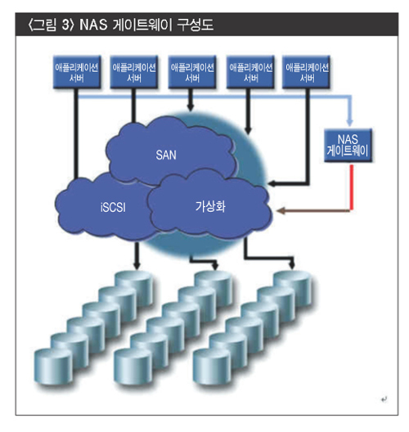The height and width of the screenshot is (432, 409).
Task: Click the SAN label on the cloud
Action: [x=166, y=155]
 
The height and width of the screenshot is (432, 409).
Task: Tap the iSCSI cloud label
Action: [x=113, y=207]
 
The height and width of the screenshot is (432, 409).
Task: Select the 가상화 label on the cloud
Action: [x=210, y=206]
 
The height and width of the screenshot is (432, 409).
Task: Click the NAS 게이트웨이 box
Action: [x=348, y=145]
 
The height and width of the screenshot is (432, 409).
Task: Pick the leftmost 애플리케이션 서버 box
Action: [x=77, y=72]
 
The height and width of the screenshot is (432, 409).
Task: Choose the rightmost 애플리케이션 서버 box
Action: [x=307, y=72]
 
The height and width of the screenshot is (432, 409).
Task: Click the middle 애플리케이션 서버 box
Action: [x=192, y=72]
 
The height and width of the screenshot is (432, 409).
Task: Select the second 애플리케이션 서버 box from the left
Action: [x=134, y=72]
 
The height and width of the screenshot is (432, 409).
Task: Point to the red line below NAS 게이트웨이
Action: [x=352, y=187]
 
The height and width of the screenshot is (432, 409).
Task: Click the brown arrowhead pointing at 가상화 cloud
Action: [x=281, y=211]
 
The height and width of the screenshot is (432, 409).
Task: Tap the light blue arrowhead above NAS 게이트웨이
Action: [x=349, y=123]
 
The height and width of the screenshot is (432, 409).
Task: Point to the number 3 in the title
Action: [x=65, y=25]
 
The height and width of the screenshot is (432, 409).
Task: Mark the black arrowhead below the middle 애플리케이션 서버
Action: [x=191, y=107]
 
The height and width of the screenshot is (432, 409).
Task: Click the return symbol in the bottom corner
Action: [x=384, y=399]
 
